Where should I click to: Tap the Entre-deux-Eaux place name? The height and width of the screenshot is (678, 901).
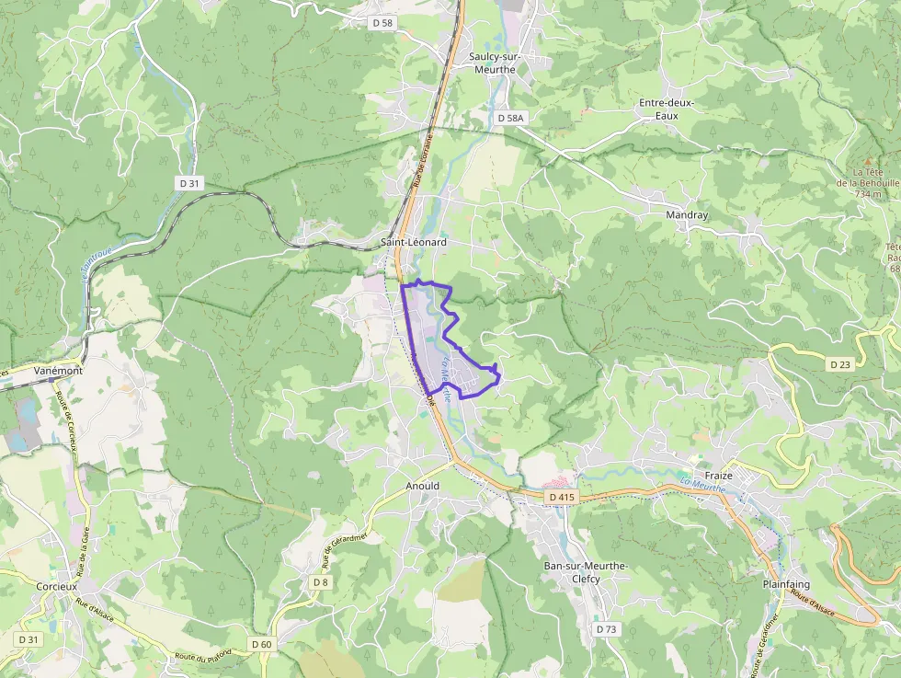[667, 109]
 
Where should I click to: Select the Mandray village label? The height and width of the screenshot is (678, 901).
[687, 214]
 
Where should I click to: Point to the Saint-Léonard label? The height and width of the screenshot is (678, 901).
[414, 242]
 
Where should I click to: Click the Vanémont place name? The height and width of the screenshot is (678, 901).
[57, 370]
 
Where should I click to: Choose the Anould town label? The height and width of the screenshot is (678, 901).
[423, 486]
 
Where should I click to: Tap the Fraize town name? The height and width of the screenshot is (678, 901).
[717, 476]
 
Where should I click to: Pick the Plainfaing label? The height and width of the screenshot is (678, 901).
[785, 584]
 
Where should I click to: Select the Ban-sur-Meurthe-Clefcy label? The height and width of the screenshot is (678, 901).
[572, 572]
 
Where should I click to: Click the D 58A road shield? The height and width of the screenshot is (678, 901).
[509, 119]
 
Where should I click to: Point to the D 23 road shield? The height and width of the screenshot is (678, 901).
[840, 364]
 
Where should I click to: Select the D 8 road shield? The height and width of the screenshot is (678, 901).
[319, 582]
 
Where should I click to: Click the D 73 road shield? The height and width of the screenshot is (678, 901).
[606, 629]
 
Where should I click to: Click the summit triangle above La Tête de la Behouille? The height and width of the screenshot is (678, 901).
[867, 161]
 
